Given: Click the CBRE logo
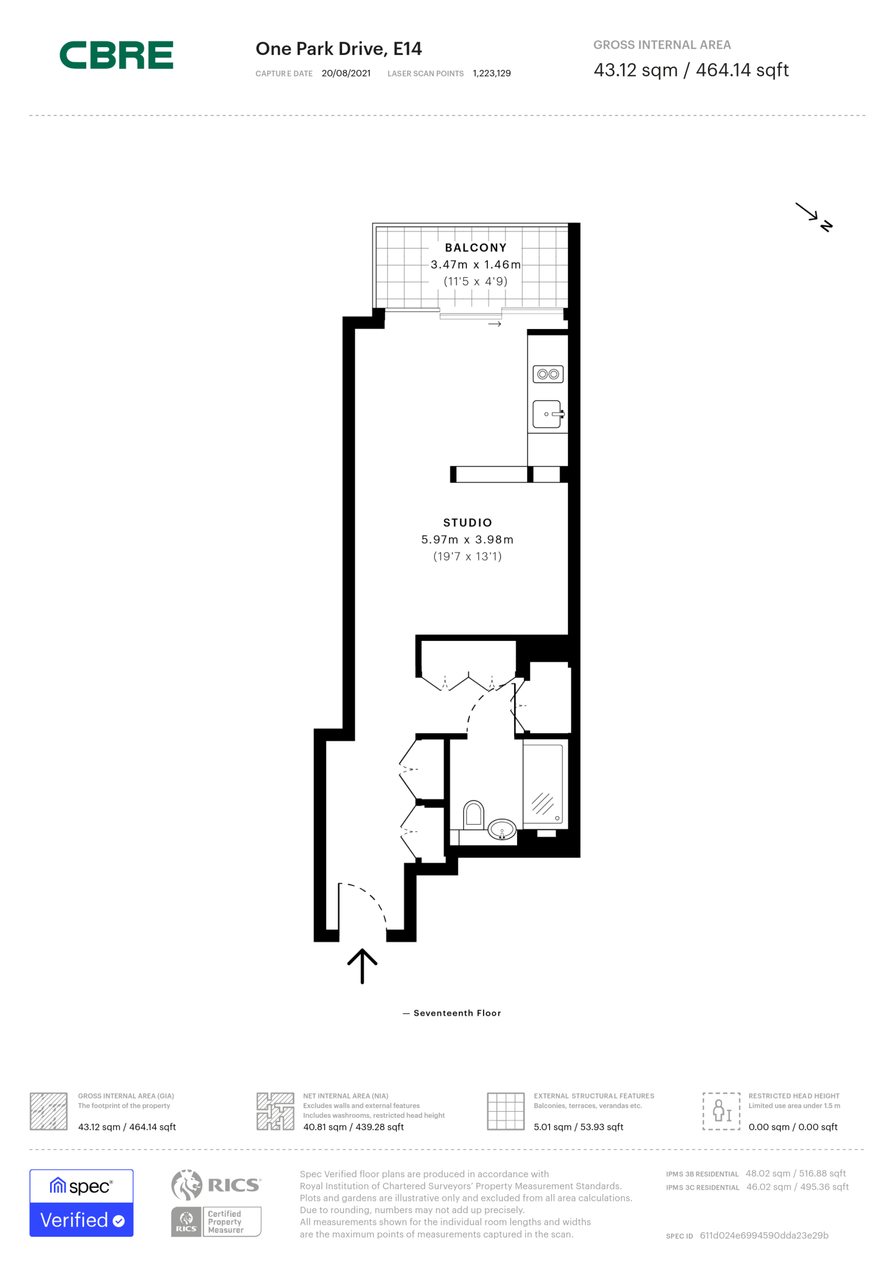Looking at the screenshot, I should (x=116, y=55).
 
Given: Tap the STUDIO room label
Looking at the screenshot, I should (x=468, y=523).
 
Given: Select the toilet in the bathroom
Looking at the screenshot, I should (x=474, y=814).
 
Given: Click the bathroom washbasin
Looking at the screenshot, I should (x=502, y=829).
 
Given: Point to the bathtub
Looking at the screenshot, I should (x=542, y=784).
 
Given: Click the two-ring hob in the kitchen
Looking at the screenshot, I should (x=548, y=374).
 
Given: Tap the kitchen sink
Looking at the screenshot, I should (x=547, y=414).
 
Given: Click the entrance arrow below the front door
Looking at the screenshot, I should (x=362, y=966).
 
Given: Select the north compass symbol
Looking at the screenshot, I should (x=815, y=217).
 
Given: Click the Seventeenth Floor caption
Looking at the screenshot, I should (x=456, y=1013).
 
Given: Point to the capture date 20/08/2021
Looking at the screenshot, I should (x=346, y=74).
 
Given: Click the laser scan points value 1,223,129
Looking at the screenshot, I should (x=492, y=74).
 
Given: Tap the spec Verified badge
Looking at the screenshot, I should (x=82, y=1203).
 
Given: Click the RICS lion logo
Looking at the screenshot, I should (x=187, y=1185).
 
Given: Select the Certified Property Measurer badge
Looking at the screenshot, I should (x=216, y=1221).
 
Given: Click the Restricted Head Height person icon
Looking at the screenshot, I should (x=721, y=1111).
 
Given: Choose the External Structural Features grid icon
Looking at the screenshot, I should (x=505, y=1111).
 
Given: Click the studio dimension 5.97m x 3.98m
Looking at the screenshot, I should (x=467, y=539).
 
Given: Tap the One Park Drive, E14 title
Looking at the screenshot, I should (x=338, y=49).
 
